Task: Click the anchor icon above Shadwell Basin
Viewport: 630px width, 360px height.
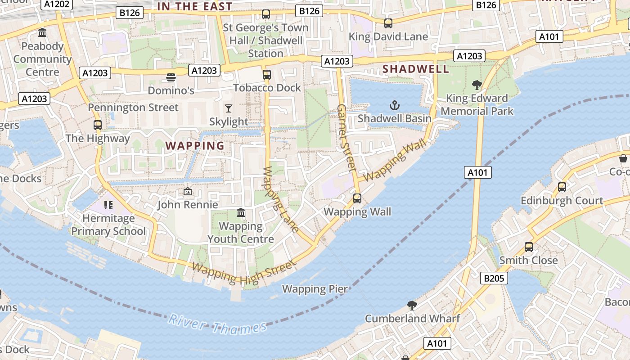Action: pyautogui.click(x=394, y=106)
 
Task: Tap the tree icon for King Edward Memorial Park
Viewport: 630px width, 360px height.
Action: pyautogui.click(x=477, y=85)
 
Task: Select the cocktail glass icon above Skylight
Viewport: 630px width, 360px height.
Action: pyautogui.click(x=229, y=108)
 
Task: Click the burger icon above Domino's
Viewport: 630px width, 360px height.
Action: pyautogui.click(x=171, y=77)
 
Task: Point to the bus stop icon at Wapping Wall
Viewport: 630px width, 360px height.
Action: pyautogui.click(x=357, y=198)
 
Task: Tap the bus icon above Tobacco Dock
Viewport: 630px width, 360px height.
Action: pyautogui.click(x=267, y=75)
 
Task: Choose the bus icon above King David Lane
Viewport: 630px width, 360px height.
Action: pyautogui.click(x=388, y=23)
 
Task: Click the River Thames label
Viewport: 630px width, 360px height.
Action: pyautogui.click(x=217, y=325)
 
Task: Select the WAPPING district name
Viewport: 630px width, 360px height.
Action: pyautogui.click(x=195, y=146)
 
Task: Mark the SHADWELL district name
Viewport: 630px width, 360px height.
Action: pyautogui.click(x=415, y=69)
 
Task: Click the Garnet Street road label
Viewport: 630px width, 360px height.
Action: pyautogui.click(x=346, y=138)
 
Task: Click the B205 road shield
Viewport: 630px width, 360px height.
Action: pyautogui.click(x=494, y=279)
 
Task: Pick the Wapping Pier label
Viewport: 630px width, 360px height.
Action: pyautogui.click(x=315, y=289)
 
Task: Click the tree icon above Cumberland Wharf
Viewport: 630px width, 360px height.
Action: pyautogui.click(x=412, y=306)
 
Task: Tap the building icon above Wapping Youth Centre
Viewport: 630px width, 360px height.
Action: pyautogui.click(x=241, y=213)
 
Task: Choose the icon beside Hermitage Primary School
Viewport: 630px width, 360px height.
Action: pyautogui.click(x=108, y=205)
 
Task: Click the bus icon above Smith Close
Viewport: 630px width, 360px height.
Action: pyautogui.click(x=529, y=247)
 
